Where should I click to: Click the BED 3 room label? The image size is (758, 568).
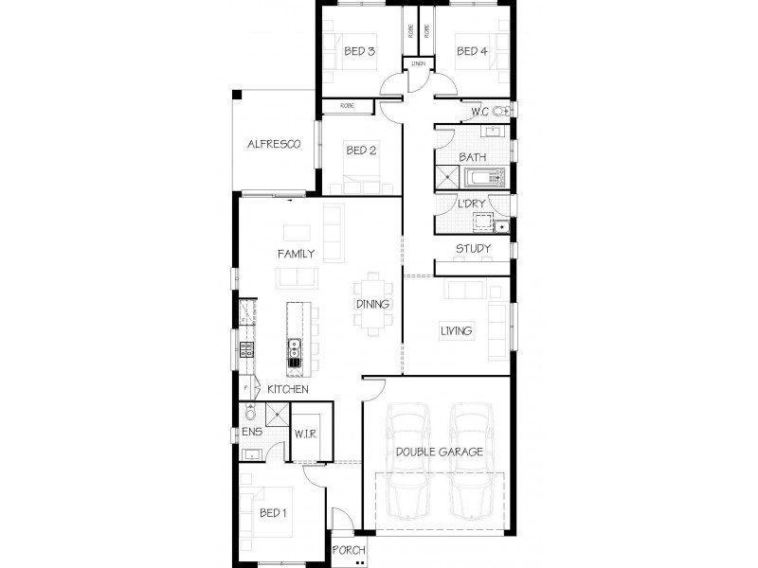(360, 51)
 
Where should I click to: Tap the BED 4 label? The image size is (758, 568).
(471, 51)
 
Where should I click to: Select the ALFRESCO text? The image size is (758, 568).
(274, 145)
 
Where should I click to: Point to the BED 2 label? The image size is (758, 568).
(362, 150)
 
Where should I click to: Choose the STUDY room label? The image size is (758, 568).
(472, 250)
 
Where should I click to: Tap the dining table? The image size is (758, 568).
(371, 303)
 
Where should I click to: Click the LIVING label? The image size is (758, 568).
(457, 330)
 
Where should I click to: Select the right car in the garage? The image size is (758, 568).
(471, 470)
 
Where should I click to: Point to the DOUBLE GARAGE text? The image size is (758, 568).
(440, 453)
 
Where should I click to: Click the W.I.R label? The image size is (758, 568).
(304, 435)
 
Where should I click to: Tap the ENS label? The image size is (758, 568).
(251, 432)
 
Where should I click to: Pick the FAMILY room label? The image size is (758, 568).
(296, 254)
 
